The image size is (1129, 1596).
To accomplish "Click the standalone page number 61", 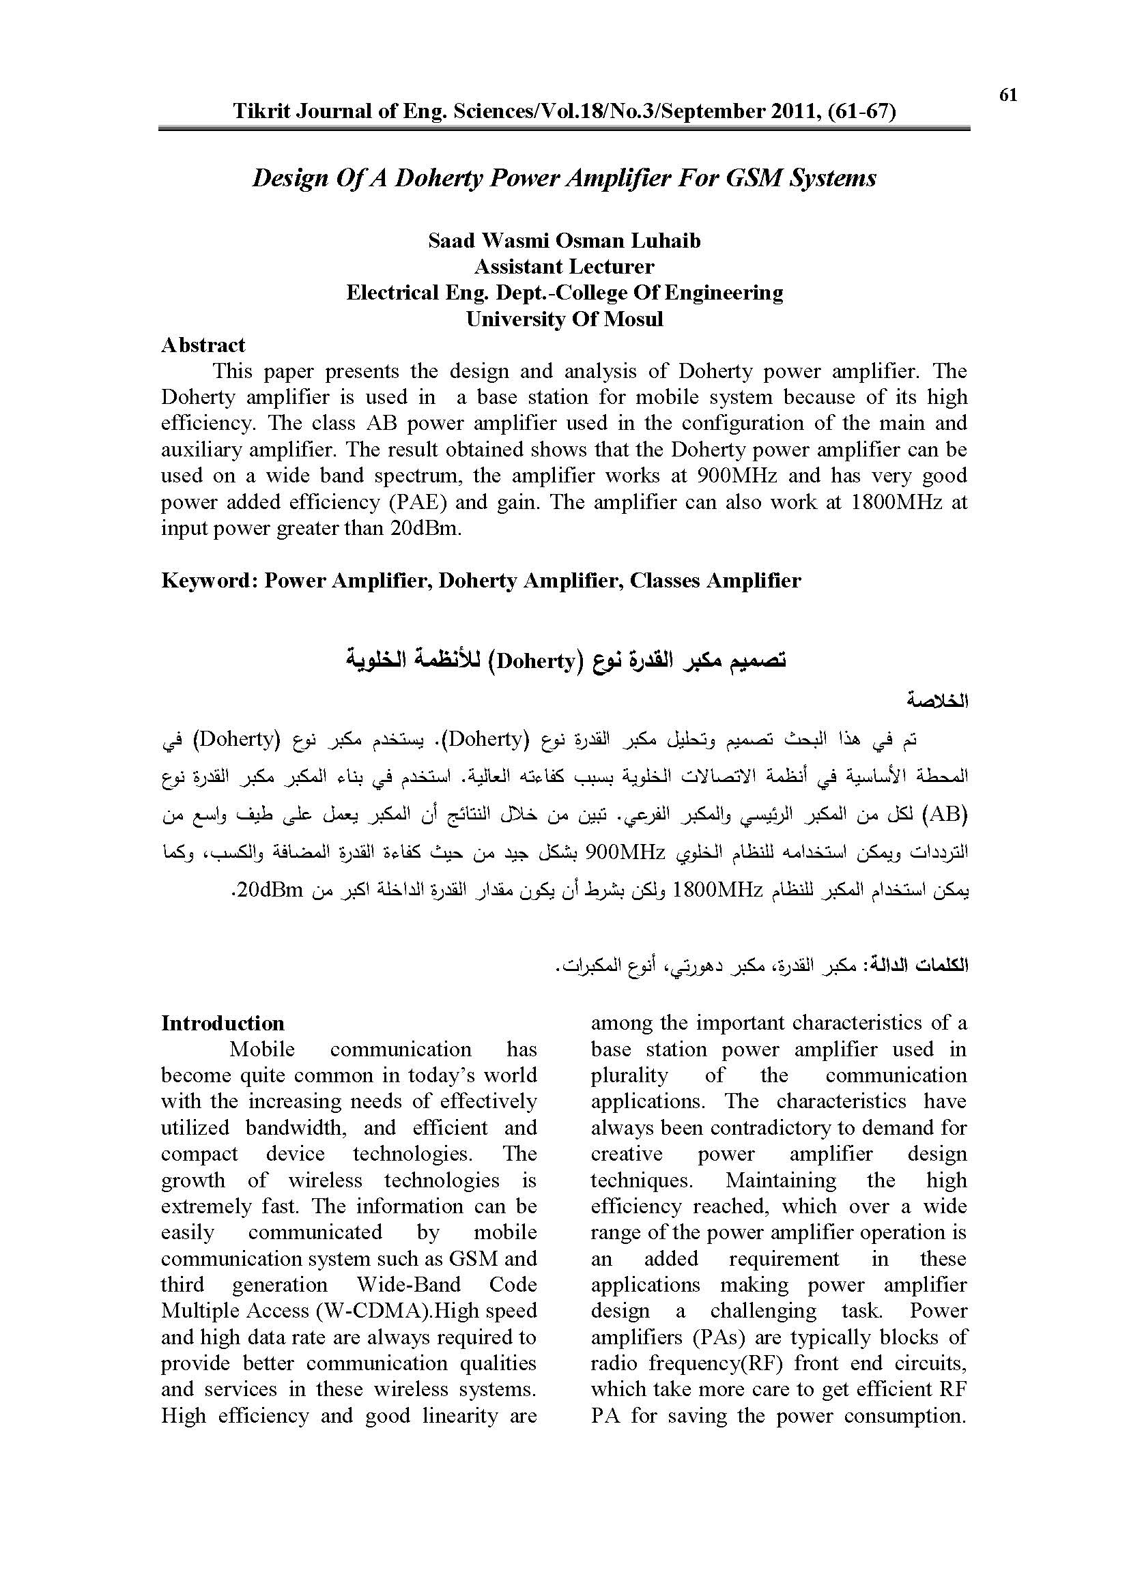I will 1008,96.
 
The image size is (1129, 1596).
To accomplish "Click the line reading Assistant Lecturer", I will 564,267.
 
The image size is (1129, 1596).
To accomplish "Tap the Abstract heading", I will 203,345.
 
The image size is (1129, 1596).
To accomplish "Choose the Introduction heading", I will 223,1024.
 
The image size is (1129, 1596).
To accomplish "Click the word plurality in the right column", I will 629,1075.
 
